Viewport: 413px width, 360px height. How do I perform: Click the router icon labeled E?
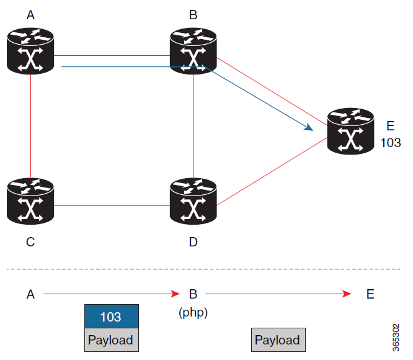(351, 131)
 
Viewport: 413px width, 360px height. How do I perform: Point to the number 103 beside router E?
(391, 143)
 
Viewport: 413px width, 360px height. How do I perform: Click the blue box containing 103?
(112, 317)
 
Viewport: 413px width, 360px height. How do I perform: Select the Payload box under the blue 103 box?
(112, 340)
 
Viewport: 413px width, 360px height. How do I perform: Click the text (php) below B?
(193, 313)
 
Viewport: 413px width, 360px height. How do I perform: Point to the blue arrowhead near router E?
(308, 127)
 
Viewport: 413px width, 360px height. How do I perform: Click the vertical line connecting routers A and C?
(30, 124)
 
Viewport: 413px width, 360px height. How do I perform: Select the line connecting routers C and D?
(112, 205)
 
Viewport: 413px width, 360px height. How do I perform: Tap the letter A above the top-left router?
(30, 15)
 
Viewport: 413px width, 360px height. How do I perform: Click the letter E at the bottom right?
(370, 294)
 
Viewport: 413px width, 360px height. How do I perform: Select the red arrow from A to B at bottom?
(112, 294)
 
